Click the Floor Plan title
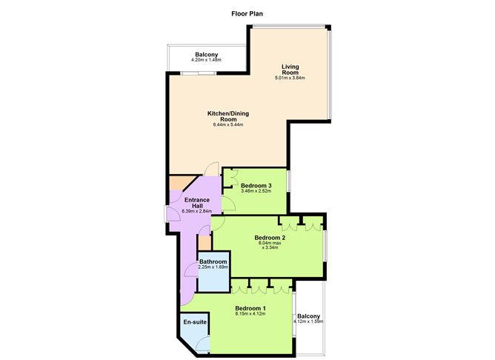click(x=247, y=13)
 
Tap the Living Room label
click(x=290, y=70)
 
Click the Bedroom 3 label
click(x=256, y=185)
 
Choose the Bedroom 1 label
click(x=250, y=308)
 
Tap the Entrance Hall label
click(x=196, y=202)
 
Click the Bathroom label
click(x=212, y=261)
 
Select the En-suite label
click(x=196, y=322)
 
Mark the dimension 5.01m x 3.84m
click(x=290, y=78)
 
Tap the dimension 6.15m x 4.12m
click(x=250, y=315)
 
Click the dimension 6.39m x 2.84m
click(x=196, y=212)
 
